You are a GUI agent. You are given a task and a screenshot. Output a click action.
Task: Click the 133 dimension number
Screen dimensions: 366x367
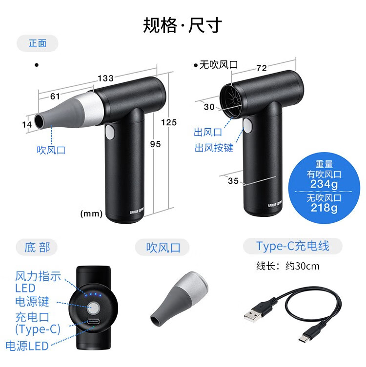click(x=106, y=78)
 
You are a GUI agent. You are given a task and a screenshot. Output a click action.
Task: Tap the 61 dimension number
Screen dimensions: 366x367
click(x=55, y=96)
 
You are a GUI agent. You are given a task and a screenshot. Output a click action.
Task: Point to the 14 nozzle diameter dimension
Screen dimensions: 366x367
click(x=27, y=124)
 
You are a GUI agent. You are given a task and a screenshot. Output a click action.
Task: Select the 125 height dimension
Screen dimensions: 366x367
click(x=169, y=122)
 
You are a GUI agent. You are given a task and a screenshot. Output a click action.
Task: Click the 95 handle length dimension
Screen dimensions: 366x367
click(x=155, y=144)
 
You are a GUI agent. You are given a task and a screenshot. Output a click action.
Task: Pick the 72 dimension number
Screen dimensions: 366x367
click(x=262, y=68)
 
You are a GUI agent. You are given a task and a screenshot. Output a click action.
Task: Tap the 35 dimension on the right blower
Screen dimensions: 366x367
click(x=233, y=181)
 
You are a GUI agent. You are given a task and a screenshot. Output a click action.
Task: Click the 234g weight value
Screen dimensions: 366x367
click(x=324, y=184)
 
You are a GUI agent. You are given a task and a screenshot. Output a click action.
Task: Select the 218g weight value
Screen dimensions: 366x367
click(x=324, y=208)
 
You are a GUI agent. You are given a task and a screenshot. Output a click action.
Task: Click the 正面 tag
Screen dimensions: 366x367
click(x=38, y=43)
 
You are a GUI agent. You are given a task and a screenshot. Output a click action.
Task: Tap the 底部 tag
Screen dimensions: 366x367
click(x=37, y=247)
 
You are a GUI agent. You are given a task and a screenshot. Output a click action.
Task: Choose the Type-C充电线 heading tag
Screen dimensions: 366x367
click(x=293, y=246)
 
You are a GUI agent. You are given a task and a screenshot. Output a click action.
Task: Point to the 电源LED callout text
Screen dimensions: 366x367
click(x=27, y=346)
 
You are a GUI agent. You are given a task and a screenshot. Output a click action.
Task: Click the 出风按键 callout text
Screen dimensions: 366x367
click(x=214, y=148)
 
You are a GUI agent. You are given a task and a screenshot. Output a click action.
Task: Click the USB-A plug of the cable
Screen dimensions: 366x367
click(x=253, y=314)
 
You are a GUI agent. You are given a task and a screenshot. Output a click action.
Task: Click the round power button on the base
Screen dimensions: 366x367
click(x=93, y=308)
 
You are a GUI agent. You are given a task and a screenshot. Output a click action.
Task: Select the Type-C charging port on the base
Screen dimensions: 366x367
click(x=93, y=321)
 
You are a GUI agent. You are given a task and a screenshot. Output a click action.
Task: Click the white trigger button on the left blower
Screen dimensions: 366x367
click(x=110, y=132)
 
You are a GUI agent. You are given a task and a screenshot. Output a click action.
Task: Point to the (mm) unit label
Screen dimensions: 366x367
click(x=91, y=213)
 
